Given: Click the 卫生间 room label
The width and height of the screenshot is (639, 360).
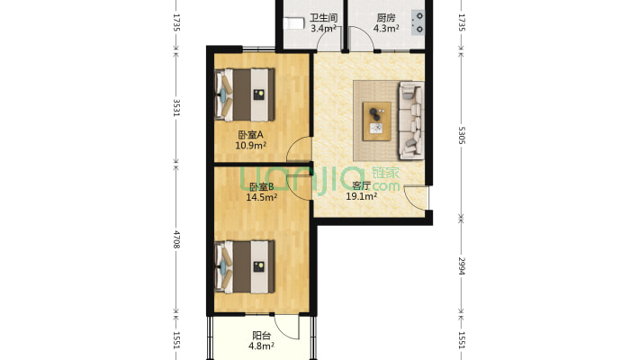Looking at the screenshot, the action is [x=324, y=18].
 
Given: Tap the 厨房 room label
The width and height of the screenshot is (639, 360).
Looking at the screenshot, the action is [x=386, y=18].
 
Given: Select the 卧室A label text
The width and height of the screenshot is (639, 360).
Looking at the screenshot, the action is [x=250, y=135].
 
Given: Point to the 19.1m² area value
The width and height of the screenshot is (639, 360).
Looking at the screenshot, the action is [x=362, y=196].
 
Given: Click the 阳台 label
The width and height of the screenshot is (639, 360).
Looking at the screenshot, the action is [x=261, y=336].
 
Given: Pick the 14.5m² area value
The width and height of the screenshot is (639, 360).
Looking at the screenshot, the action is [x=262, y=197].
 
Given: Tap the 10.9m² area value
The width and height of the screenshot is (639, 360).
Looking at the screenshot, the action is [x=250, y=145].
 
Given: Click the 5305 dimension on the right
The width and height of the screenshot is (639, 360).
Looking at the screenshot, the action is [x=462, y=135].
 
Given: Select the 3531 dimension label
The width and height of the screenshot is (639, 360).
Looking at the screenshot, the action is [x=176, y=108].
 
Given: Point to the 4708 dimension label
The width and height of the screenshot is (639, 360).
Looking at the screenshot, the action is [x=176, y=239].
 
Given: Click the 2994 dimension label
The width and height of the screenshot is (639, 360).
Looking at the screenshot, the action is [x=462, y=265].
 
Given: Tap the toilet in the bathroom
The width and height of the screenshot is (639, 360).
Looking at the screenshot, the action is [x=294, y=23].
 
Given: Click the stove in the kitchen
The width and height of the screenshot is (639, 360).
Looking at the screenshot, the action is [x=418, y=22].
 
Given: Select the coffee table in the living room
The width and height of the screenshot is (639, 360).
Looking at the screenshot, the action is [x=377, y=121].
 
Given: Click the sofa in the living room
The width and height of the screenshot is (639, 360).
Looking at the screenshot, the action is [x=411, y=121].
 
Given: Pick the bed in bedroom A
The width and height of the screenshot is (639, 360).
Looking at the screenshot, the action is [x=245, y=95].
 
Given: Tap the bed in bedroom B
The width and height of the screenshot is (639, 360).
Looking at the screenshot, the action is [x=245, y=267].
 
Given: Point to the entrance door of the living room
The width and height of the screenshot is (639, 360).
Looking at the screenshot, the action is [x=416, y=199].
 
